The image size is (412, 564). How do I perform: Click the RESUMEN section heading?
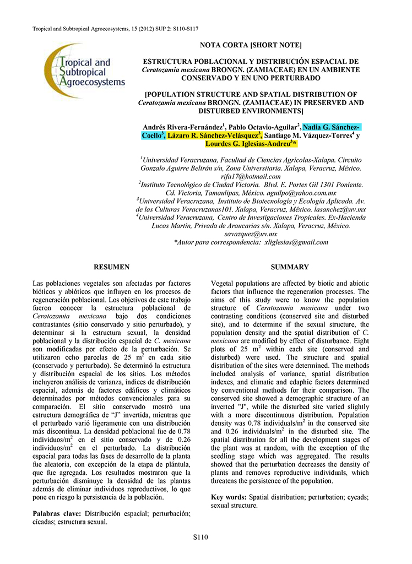[112, 267]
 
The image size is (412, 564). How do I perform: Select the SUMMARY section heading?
[290, 267]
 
